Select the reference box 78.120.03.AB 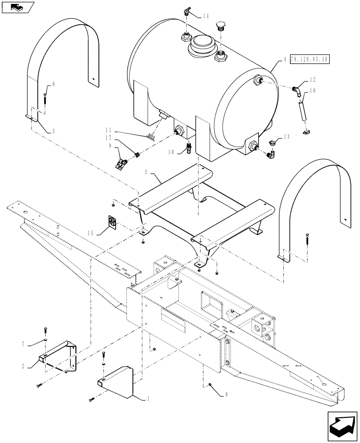point(310,59)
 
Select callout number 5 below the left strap point(53,131)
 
